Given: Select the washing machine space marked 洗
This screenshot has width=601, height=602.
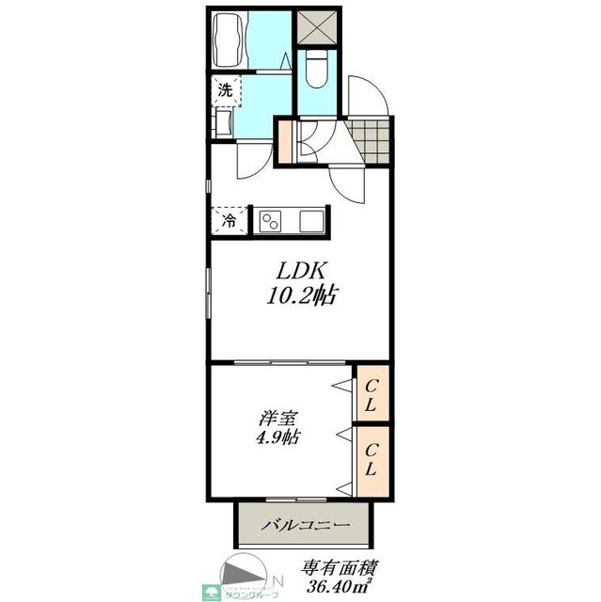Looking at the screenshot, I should (225, 90).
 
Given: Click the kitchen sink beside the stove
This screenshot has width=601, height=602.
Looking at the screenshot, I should (312, 221).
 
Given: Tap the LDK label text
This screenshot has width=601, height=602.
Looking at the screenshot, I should (299, 270).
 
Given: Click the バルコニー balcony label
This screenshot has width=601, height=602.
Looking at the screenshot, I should (306, 525).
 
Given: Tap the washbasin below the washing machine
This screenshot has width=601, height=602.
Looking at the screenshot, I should (225, 123).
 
